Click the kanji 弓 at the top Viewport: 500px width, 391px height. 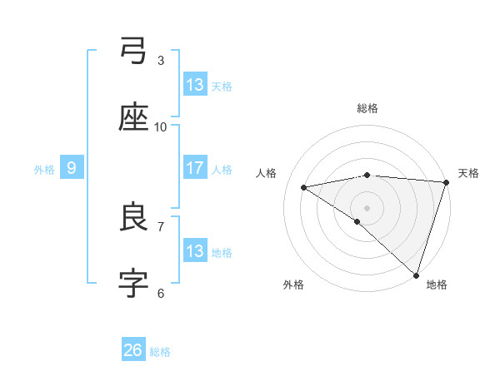tap(134, 51)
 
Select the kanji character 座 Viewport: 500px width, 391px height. tap(134, 117)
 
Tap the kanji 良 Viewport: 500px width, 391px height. tap(134, 217)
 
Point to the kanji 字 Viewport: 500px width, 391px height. tap(134, 284)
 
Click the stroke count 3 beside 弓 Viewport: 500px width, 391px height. tap(161, 60)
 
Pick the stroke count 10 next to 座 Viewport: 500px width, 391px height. tap(161, 126)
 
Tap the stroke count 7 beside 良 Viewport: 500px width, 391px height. tap(161, 226)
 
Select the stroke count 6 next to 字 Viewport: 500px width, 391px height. tap(161, 293)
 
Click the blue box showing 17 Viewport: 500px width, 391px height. tap(195, 168)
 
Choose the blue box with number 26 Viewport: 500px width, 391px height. tap(133, 350)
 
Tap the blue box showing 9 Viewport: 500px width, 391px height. tap(72, 168)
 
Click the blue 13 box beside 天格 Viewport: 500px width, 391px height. tap(195, 85)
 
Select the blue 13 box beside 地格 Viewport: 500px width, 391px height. tap(195, 251)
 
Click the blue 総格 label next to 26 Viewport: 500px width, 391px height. tap(160, 352)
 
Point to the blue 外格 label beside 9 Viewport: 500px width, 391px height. tap(44, 170)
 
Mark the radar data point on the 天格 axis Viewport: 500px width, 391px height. tap(447, 182)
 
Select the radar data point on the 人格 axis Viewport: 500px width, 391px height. tap(304, 187)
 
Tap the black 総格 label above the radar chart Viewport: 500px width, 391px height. tap(367, 108)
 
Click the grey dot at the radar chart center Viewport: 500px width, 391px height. tap(367, 207)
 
